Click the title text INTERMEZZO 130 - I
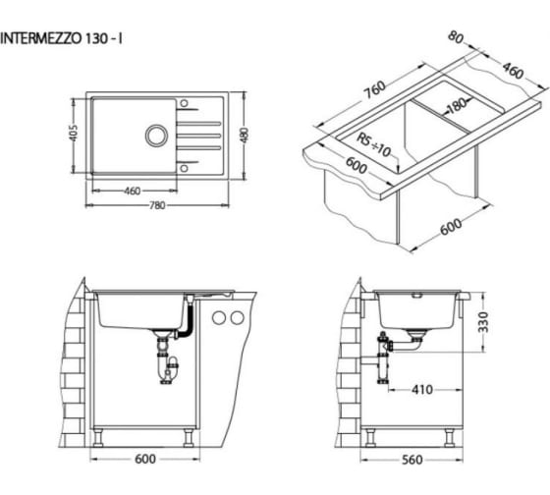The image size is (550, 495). [61, 38]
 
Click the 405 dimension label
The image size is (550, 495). [74, 133]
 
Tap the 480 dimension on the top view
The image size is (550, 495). [245, 136]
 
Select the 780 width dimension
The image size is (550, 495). [157, 205]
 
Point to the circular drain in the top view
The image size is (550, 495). [156, 136]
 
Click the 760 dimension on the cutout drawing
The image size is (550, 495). [374, 89]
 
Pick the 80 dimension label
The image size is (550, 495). [456, 37]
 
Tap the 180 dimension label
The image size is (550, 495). [458, 105]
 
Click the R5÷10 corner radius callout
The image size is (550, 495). [374, 144]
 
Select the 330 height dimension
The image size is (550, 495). [483, 322]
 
